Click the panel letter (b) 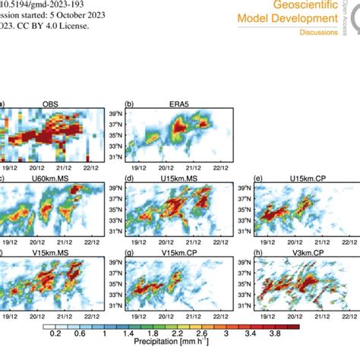click(129, 103)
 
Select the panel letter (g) click(129, 252)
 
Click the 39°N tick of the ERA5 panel click(116, 112)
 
